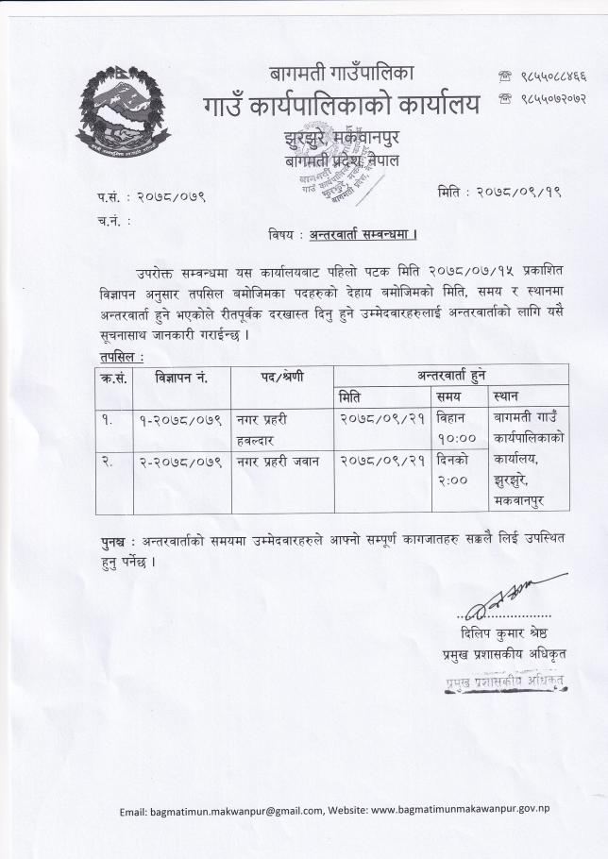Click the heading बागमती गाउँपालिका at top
pos(341,73)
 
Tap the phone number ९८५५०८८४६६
pos(543,75)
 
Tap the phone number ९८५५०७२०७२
pos(543,98)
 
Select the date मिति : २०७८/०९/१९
pos(499,192)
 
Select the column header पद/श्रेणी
pos(282,376)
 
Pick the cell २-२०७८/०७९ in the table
pos(182,462)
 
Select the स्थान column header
pos(507,396)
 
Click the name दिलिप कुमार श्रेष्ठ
pos(504,632)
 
